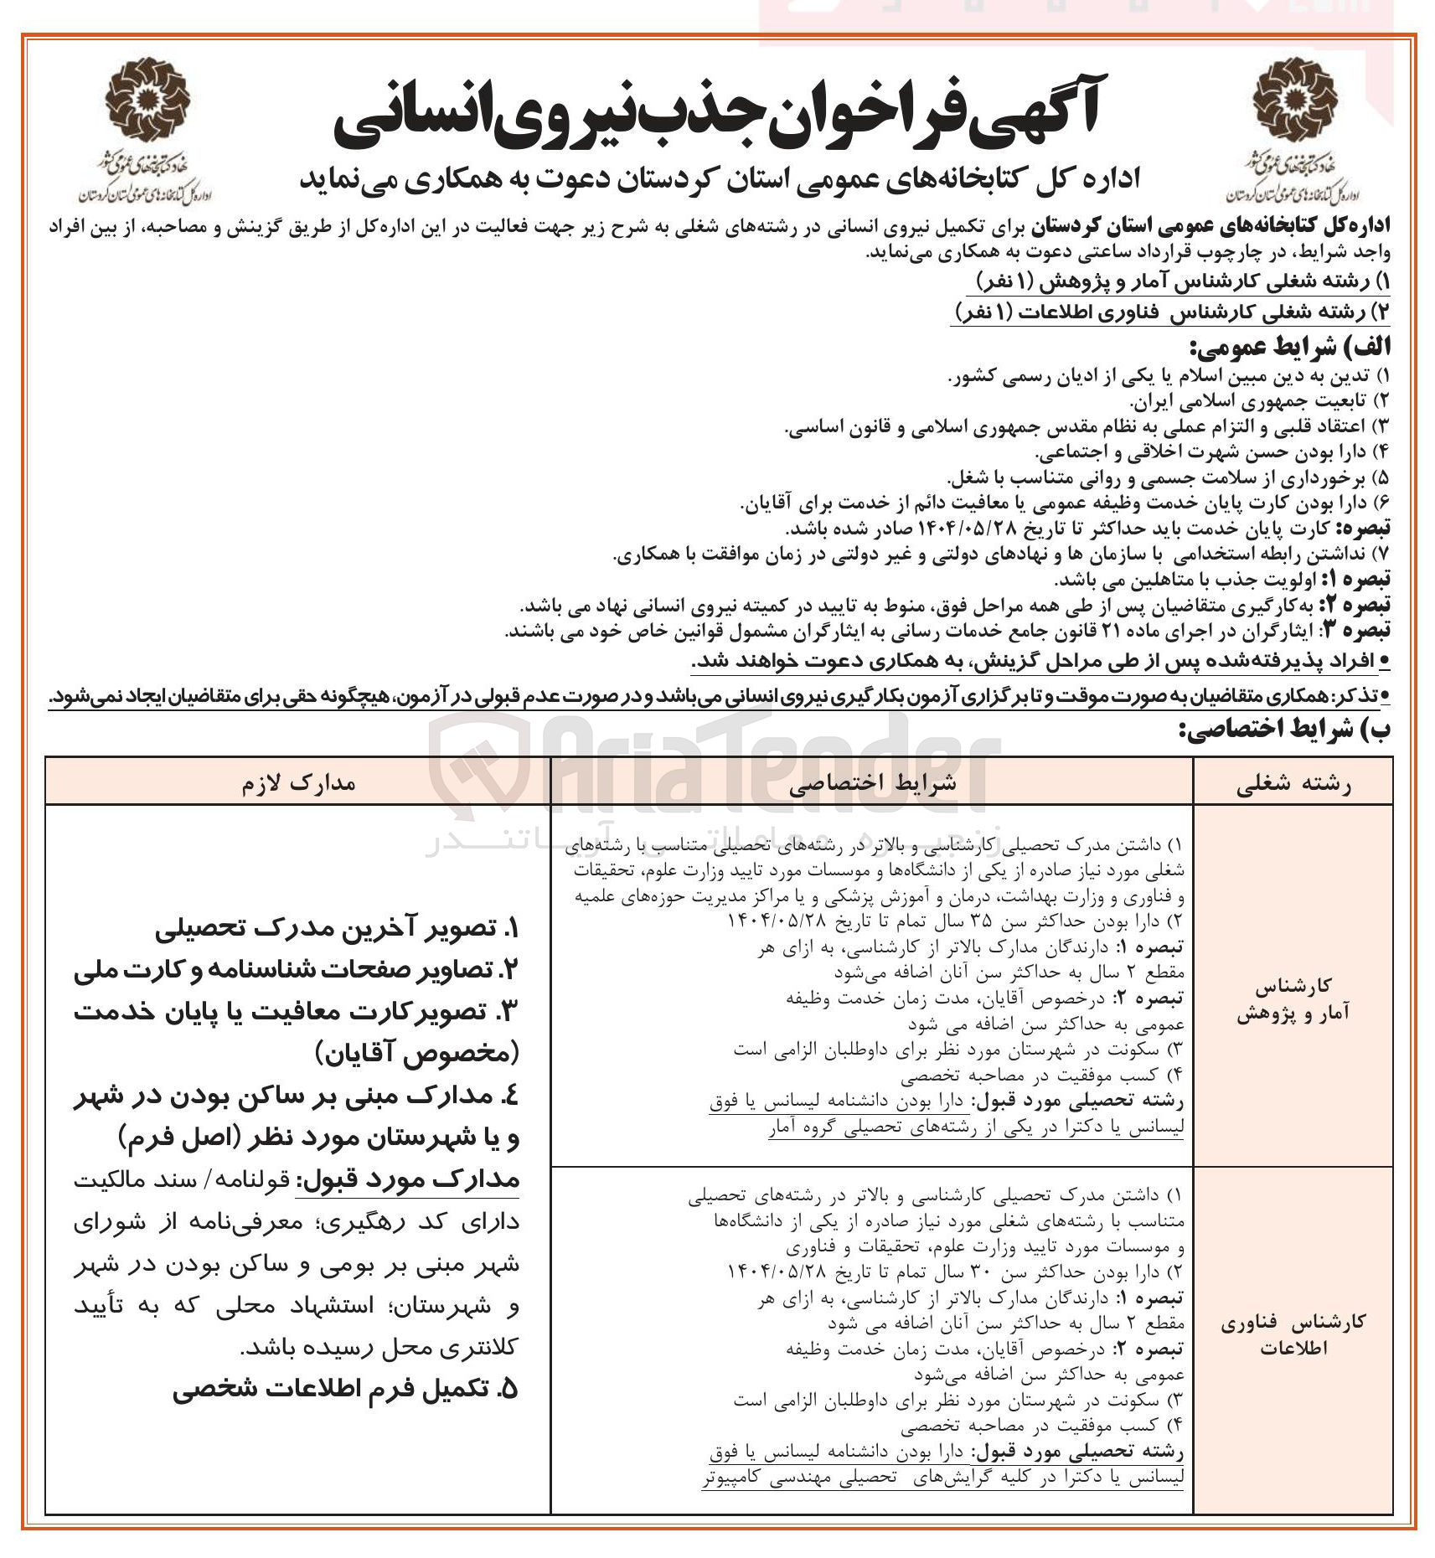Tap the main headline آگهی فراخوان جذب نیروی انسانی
tap(716, 117)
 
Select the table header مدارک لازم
tap(298, 783)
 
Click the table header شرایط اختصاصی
tap(872, 783)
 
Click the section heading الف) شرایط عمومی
tap(1289, 347)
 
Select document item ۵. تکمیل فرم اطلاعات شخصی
tap(345, 1390)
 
